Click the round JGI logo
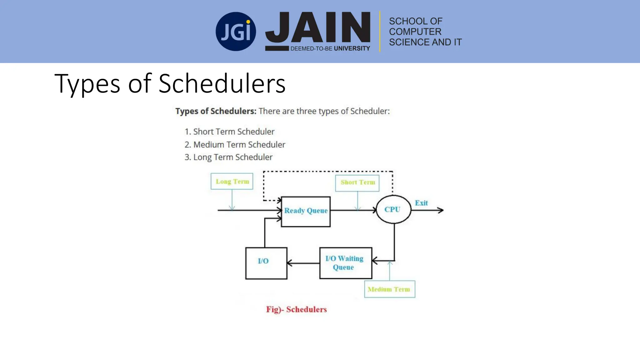point(236,32)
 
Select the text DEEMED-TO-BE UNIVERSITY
point(330,49)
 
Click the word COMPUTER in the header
point(415,32)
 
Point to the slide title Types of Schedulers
point(170,83)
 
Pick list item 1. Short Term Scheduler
point(229,132)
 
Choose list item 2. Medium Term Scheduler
point(235,145)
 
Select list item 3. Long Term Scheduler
point(228,157)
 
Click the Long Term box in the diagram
point(232,182)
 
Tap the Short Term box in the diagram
point(357,183)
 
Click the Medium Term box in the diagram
point(389,289)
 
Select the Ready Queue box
point(306,211)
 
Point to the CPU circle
point(393,209)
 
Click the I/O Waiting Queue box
point(345,263)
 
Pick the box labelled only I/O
point(266,263)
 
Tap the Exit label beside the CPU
point(421,203)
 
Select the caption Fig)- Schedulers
point(296,309)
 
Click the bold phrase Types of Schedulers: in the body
point(216,111)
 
